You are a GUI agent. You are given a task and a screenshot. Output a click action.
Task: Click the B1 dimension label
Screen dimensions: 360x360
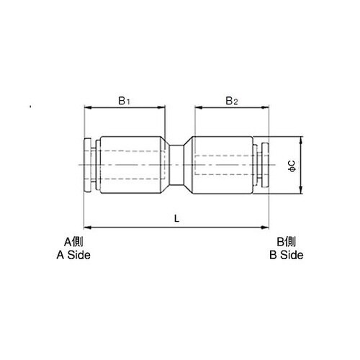[125, 100]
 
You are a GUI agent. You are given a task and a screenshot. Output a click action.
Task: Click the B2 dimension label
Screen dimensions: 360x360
[231, 100]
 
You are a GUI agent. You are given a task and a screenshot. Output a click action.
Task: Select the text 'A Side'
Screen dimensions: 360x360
[74, 255]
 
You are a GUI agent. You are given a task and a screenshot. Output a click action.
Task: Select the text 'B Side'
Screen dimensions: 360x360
[286, 255]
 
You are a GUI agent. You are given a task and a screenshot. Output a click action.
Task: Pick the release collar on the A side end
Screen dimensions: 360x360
[90, 166]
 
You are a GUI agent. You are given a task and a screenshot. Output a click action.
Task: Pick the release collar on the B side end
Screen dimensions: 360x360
[264, 166]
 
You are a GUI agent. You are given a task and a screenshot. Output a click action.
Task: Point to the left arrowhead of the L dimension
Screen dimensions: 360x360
[89, 227]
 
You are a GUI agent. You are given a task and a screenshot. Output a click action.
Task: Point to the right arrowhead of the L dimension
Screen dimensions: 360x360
[267, 227]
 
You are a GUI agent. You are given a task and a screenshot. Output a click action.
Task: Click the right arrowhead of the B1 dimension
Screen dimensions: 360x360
[163, 109]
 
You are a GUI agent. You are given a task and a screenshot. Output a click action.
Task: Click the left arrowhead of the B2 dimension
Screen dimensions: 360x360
[196, 109]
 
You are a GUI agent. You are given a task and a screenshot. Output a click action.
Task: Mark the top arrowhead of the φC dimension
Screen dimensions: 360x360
[301, 140]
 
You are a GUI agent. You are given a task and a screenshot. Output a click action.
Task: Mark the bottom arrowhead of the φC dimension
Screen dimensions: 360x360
[301, 192]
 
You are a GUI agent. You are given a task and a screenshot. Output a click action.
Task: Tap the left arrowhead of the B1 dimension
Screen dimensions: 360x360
[89, 109]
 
